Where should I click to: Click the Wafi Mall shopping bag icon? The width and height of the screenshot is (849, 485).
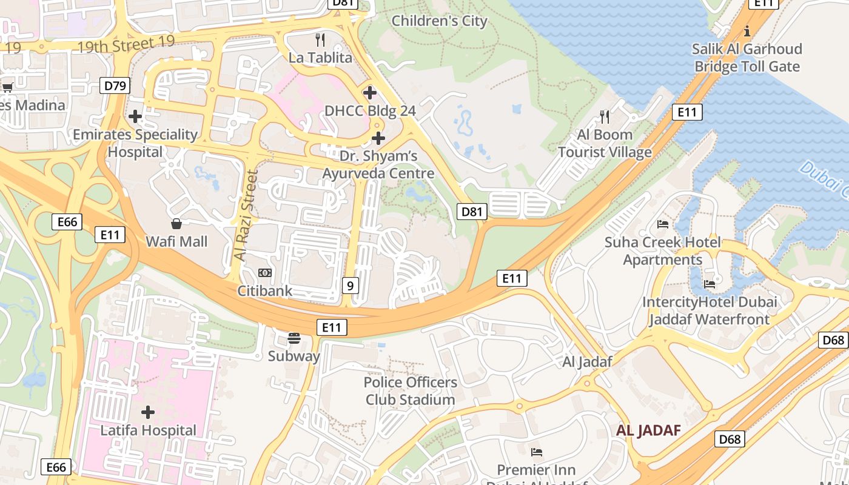coord(176,224)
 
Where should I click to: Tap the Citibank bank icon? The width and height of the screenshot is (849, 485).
coord(264,273)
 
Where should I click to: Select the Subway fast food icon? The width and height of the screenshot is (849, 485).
coord(294,338)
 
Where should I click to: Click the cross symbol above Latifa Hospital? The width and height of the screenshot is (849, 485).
coord(148,413)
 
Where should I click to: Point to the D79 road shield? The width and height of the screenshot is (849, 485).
coord(115,85)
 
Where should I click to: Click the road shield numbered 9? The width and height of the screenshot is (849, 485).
coord(350,285)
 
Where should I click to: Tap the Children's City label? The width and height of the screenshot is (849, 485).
coord(439,21)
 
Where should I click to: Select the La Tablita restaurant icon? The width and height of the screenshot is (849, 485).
coord(321,40)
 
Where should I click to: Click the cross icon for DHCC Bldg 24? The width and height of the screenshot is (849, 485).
coord(370,93)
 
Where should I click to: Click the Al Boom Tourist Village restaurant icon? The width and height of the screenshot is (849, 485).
coord(605,116)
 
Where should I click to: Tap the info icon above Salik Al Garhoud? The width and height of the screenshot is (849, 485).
coord(747,30)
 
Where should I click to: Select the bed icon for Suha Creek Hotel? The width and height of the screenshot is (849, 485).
coord(663,224)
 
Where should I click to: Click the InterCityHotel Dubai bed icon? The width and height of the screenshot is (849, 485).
coord(710,284)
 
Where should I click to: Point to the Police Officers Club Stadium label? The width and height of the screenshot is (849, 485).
coord(410,391)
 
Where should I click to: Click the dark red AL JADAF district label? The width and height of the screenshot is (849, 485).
coord(648,430)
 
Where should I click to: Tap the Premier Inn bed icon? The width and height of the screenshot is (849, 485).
coord(536,452)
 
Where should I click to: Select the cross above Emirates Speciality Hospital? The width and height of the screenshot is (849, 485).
coord(135,116)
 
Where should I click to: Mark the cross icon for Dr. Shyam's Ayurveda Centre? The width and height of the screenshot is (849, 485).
coord(378,138)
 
